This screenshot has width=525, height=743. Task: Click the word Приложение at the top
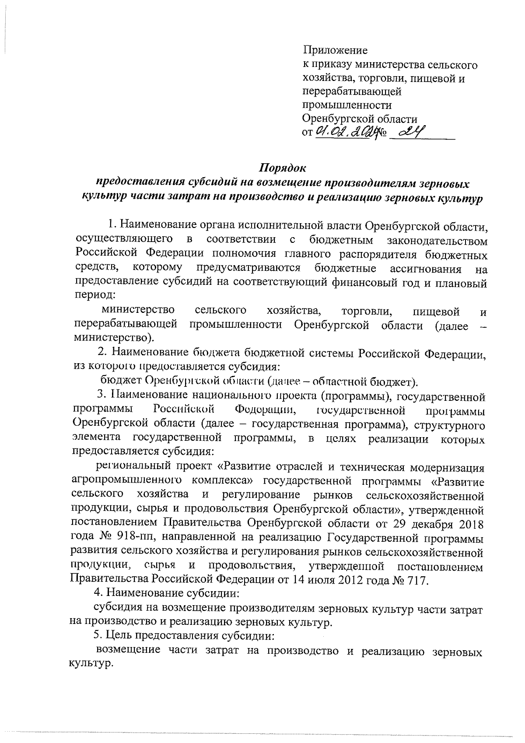tap(335, 50)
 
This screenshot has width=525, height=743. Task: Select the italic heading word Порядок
tap(283, 168)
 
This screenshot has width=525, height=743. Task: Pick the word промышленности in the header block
tap(347, 105)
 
